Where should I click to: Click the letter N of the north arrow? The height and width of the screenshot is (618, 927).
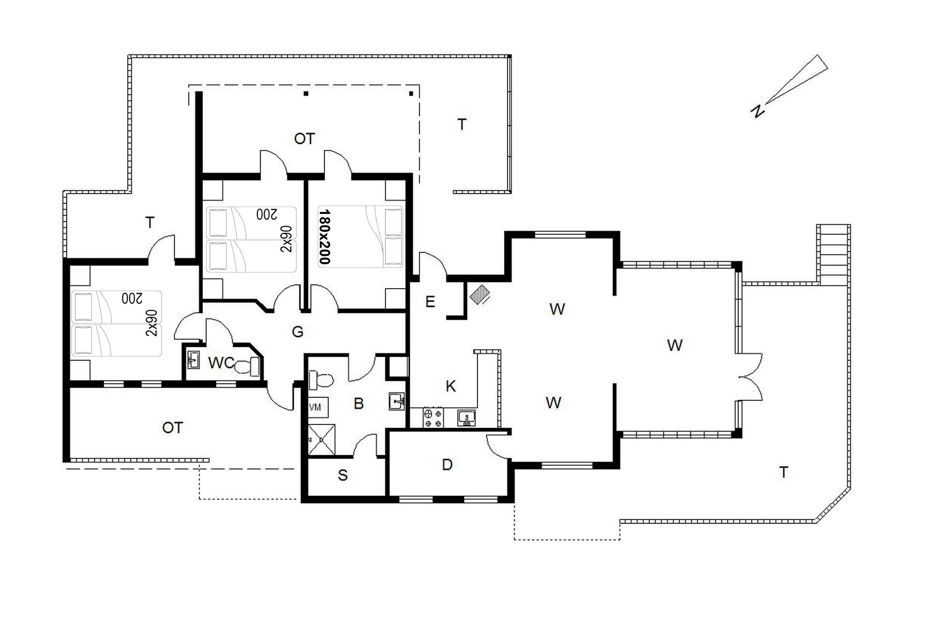point(757,111)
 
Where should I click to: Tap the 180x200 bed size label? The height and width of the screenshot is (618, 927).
point(324,237)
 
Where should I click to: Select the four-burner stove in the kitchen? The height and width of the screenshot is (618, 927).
point(433,418)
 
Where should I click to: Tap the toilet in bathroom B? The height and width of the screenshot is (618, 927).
point(321,380)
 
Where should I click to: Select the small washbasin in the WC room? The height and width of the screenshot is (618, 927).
point(194,360)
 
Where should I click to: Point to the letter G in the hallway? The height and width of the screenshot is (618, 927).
point(298,332)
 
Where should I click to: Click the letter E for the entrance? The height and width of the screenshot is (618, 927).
point(430,302)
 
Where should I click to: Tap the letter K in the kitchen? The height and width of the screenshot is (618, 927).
point(450,386)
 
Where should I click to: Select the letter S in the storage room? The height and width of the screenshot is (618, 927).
point(343,475)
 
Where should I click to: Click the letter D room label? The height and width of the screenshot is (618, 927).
point(447,465)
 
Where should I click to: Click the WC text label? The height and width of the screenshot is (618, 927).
point(221,363)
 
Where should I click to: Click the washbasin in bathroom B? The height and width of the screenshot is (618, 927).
point(397,401)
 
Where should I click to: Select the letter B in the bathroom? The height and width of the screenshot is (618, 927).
point(358,404)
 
